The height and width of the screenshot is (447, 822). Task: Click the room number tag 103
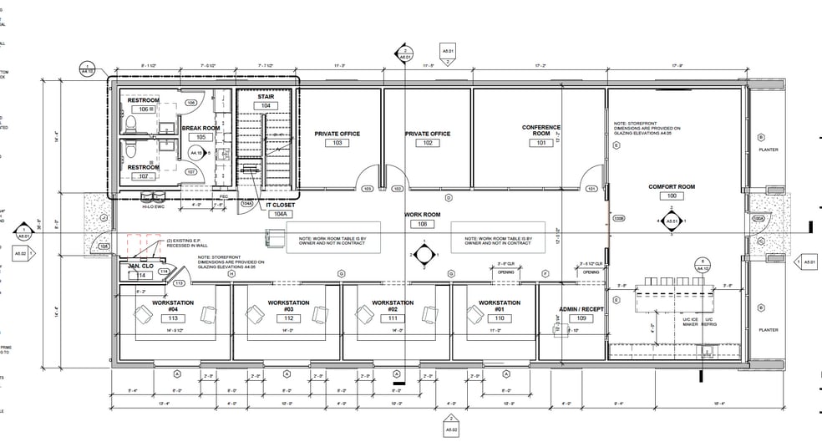pyautogui.click(x=337, y=143)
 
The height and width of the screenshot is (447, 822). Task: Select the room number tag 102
pyautogui.click(x=428, y=143)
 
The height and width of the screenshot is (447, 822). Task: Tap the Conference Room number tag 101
pyautogui.click(x=540, y=143)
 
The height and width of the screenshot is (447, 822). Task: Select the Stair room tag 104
pyautogui.click(x=266, y=106)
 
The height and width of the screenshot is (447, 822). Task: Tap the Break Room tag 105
pyautogui.click(x=200, y=137)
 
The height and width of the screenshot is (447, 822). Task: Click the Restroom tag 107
pyautogui.click(x=143, y=176)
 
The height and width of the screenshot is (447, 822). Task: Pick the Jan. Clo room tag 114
pyautogui.click(x=142, y=275)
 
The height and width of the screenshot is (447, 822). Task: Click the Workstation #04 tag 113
pyautogui.click(x=174, y=318)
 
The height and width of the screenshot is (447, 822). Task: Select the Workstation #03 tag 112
pyautogui.click(x=288, y=318)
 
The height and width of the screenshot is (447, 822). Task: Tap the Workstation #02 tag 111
pyautogui.click(x=393, y=318)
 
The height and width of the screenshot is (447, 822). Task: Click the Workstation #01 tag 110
pyautogui.click(x=500, y=318)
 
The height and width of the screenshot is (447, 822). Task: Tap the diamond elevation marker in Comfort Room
pyautogui.click(x=671, y=223)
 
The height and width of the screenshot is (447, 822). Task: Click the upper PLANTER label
pyautogui.click(x=768, y=150)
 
